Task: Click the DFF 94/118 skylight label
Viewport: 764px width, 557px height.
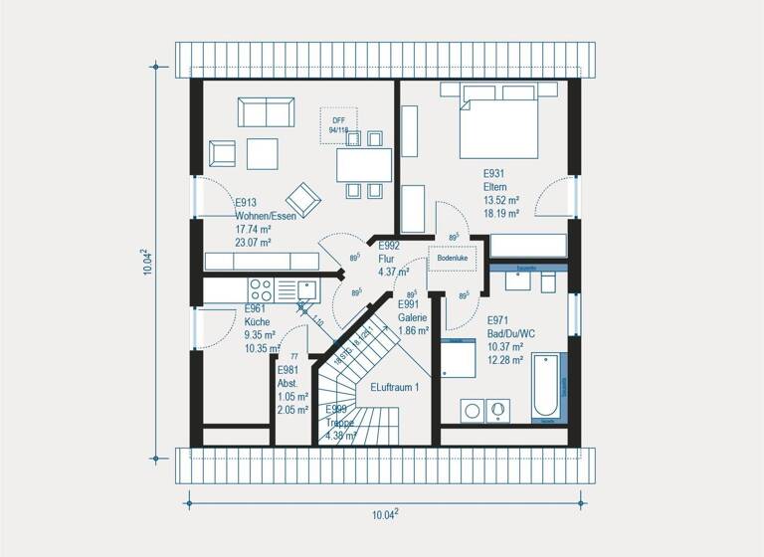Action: pyautogui.click(x=338, y=124)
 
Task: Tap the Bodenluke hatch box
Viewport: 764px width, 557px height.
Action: pyautogui.click(x=453, y=257)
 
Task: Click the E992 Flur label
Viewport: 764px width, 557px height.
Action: pyautogui.click(x=389, y=251)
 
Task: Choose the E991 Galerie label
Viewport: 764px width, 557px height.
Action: pyautogui.click(x=413, y=310)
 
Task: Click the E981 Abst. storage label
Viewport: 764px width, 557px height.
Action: pyautogui.click(x=288, y=376)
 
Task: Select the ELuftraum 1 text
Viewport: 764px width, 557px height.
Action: pyautogui.click(x=395, y=387)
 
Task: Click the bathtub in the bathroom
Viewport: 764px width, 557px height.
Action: pyautogui.click(x=548, y=387)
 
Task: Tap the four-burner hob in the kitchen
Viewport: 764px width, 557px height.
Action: pyautogui.click(x=261, y=289)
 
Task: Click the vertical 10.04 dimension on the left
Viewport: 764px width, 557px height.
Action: pyautogui.click(x=147, y=262)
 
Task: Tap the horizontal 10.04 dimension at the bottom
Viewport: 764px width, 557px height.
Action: pyautogui.click(x=384, y=513)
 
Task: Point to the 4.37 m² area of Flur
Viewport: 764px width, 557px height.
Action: pyautogui.click(x=394, y=272)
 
